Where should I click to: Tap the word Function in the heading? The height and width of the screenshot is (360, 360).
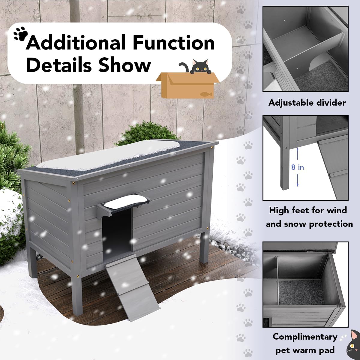tap(174, 43)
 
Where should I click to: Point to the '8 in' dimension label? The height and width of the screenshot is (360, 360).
tap(297, 167)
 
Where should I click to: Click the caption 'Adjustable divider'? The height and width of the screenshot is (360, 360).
tap(307, 103)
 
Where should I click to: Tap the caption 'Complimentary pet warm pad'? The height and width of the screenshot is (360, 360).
tap(305, 343)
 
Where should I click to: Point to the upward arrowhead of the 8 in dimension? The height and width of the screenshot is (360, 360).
tap(297, 149)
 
